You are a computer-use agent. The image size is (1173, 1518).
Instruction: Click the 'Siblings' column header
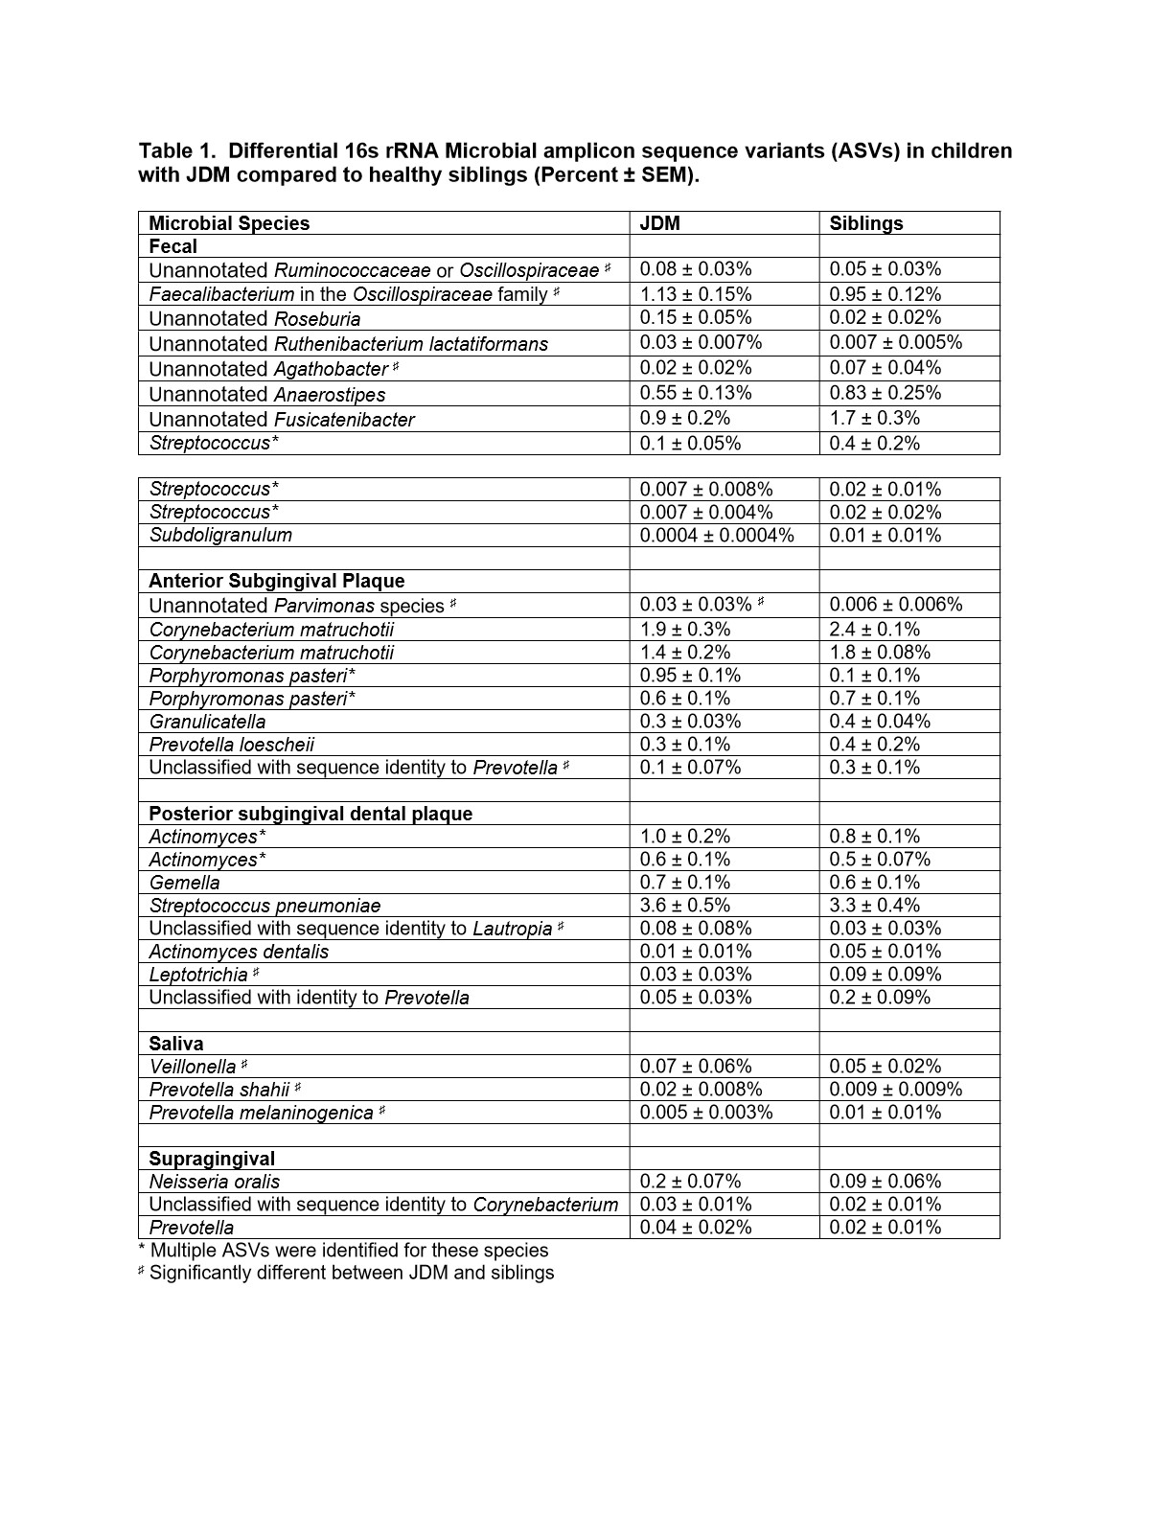[x=866, y=223]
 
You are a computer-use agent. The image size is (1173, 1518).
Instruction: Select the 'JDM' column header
[x=659, y=223]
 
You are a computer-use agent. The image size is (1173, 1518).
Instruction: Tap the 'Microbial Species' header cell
[x=229, y=223]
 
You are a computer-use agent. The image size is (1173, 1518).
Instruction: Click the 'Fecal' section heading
[x=172, y=246]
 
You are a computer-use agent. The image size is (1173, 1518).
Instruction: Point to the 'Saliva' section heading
[x=175, y=1044]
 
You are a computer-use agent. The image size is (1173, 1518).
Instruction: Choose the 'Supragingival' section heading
[x=212, y=1159]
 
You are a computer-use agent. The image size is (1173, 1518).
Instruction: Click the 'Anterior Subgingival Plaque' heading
[x=276, y=581]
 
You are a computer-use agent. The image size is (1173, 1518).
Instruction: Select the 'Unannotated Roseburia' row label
[x=255, y=319]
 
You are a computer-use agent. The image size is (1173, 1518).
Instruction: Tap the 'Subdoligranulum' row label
[x=220, y=535]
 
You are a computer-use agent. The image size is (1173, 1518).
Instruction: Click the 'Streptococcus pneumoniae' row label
[x=264, y=906]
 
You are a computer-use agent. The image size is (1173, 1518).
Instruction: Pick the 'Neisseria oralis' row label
[x=215, y=1182]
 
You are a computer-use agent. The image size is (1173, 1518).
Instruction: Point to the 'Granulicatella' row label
[x=207, y=722]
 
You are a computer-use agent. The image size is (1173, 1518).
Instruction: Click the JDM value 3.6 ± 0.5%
[x=685, y=906]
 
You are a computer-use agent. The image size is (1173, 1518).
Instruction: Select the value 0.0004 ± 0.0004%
[x=717, y=535]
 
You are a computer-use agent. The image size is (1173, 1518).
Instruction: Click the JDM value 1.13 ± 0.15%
[x=696, y=294]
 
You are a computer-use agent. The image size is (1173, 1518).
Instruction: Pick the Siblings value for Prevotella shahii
[x=895, y=1090]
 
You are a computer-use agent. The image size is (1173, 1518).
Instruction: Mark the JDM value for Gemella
[x=685, y=883]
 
